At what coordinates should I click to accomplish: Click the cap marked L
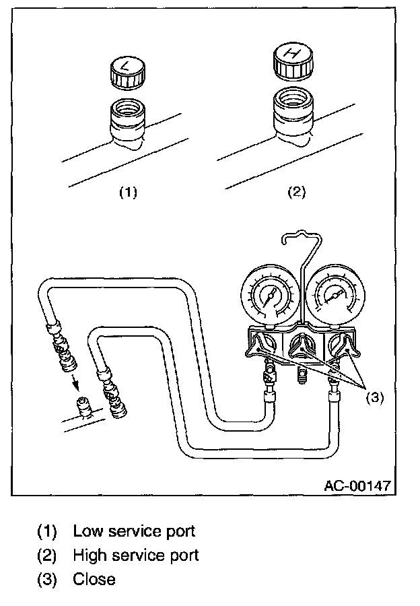(127, 73)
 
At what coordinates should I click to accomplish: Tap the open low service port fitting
(127, 121)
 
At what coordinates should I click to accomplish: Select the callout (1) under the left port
(128, 192)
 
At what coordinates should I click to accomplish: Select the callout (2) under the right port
(296, 192)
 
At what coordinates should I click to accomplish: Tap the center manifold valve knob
(300, 347)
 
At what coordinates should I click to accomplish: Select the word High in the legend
(88, 555)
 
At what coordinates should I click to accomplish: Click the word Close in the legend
(94, 579)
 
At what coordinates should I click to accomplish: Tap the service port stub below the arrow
(82, 408)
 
